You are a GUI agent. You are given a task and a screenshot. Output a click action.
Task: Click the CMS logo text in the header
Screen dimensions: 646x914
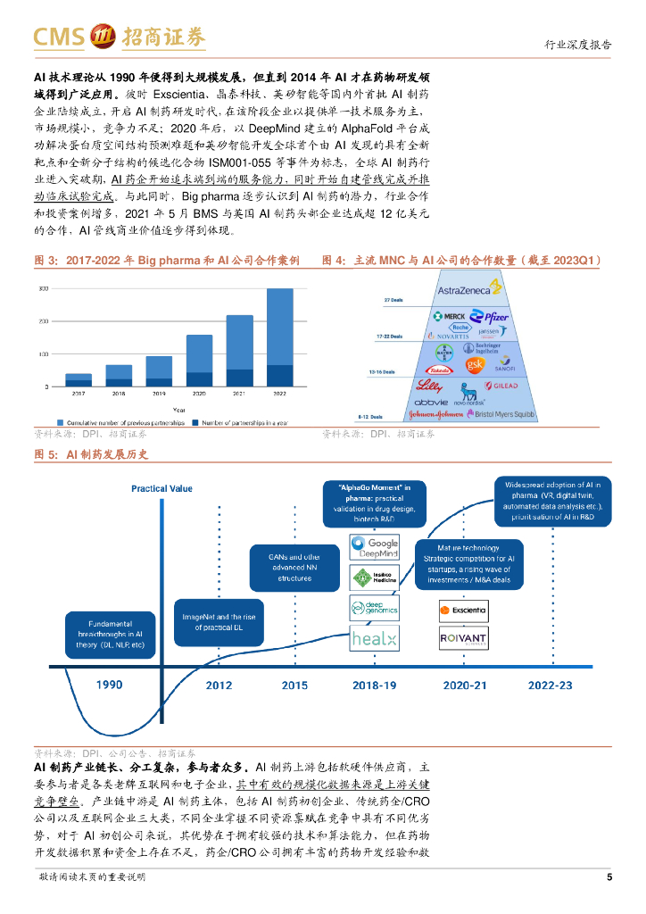57,36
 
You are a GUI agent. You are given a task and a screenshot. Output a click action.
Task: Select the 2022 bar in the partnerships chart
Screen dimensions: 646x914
279,337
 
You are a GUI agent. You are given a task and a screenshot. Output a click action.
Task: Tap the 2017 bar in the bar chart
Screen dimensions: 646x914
79,379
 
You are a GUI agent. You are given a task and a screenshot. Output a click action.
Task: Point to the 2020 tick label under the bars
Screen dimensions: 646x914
199,394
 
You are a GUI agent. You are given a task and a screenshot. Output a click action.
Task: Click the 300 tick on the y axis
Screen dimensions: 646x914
43,288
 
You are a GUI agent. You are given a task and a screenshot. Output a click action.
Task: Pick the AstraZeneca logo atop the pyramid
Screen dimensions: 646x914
469,287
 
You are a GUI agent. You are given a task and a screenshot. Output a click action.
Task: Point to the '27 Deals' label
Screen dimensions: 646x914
393,300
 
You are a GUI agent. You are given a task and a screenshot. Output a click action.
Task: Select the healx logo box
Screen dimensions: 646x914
374,639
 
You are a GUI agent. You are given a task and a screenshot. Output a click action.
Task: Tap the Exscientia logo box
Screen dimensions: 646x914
463,611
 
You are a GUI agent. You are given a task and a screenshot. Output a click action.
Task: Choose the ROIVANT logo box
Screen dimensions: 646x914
463,639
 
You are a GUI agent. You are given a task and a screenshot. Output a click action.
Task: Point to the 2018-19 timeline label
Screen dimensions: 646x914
375,685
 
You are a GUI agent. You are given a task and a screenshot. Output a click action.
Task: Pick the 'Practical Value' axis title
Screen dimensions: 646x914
161,488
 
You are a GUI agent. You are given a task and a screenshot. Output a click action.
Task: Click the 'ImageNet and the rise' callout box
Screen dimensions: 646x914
225,622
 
